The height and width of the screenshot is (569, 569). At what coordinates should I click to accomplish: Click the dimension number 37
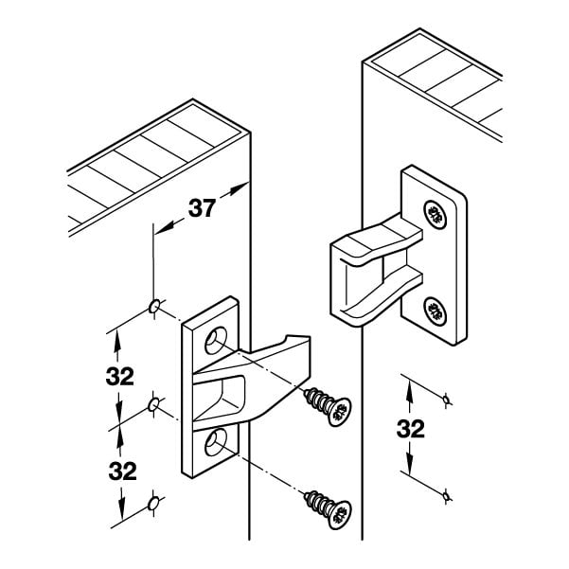(x=202, y=210)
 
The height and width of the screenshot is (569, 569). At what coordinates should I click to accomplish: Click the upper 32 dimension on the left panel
(x=120, y=375)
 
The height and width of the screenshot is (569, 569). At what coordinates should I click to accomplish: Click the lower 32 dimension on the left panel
(x=120, y=471)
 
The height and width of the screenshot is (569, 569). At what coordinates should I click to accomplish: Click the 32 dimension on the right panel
(x=410, y=429)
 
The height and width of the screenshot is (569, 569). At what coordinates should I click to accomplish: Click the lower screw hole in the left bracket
(x=217, y=436)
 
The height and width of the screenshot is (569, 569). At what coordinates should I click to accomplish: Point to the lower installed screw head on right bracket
(x=436, y=309)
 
